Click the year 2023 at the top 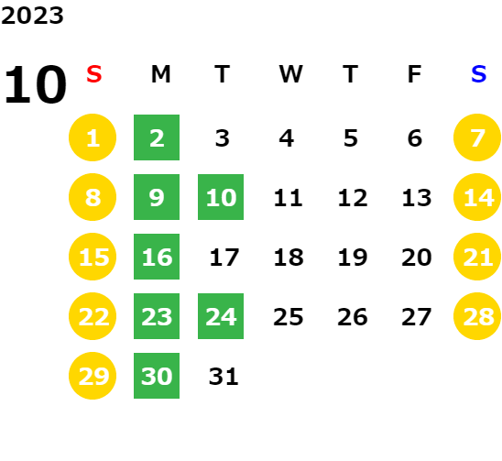coord(32,16)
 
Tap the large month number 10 coord(35,84)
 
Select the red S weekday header coord(94,74)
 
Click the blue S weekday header coord(478,74)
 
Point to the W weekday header coord(290,74)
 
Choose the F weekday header coord(415,74)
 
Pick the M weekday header coord(160,74)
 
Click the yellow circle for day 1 coord(93,137)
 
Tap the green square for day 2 coord(157,137)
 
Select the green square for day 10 coord(221,197)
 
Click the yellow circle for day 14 coord(477,197)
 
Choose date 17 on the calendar coord(224,257)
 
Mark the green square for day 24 coord(221,316)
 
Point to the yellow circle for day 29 coord(93,376)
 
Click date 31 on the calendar coord(224,376)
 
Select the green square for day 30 coord(157,376)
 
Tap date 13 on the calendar coord(417,197)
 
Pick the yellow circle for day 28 coord(477,316)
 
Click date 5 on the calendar coord(351,138)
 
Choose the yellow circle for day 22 coord(93,316)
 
